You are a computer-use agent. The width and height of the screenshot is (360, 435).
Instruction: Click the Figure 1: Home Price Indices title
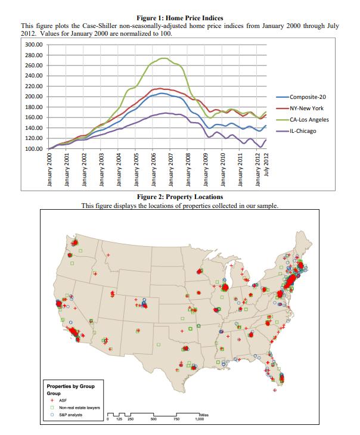click(x=179, y=18)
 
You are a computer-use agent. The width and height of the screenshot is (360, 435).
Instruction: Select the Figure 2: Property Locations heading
click(x=179, y=196)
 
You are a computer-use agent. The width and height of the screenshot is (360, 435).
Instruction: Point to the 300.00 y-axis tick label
click(x=33, y=45)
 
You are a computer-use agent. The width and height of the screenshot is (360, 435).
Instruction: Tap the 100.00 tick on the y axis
click(x=33, y=148)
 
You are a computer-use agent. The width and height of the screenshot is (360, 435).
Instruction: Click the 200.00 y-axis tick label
click(x=33, y=97)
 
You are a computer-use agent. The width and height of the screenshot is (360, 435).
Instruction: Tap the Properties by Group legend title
click(x=70, y=387)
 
